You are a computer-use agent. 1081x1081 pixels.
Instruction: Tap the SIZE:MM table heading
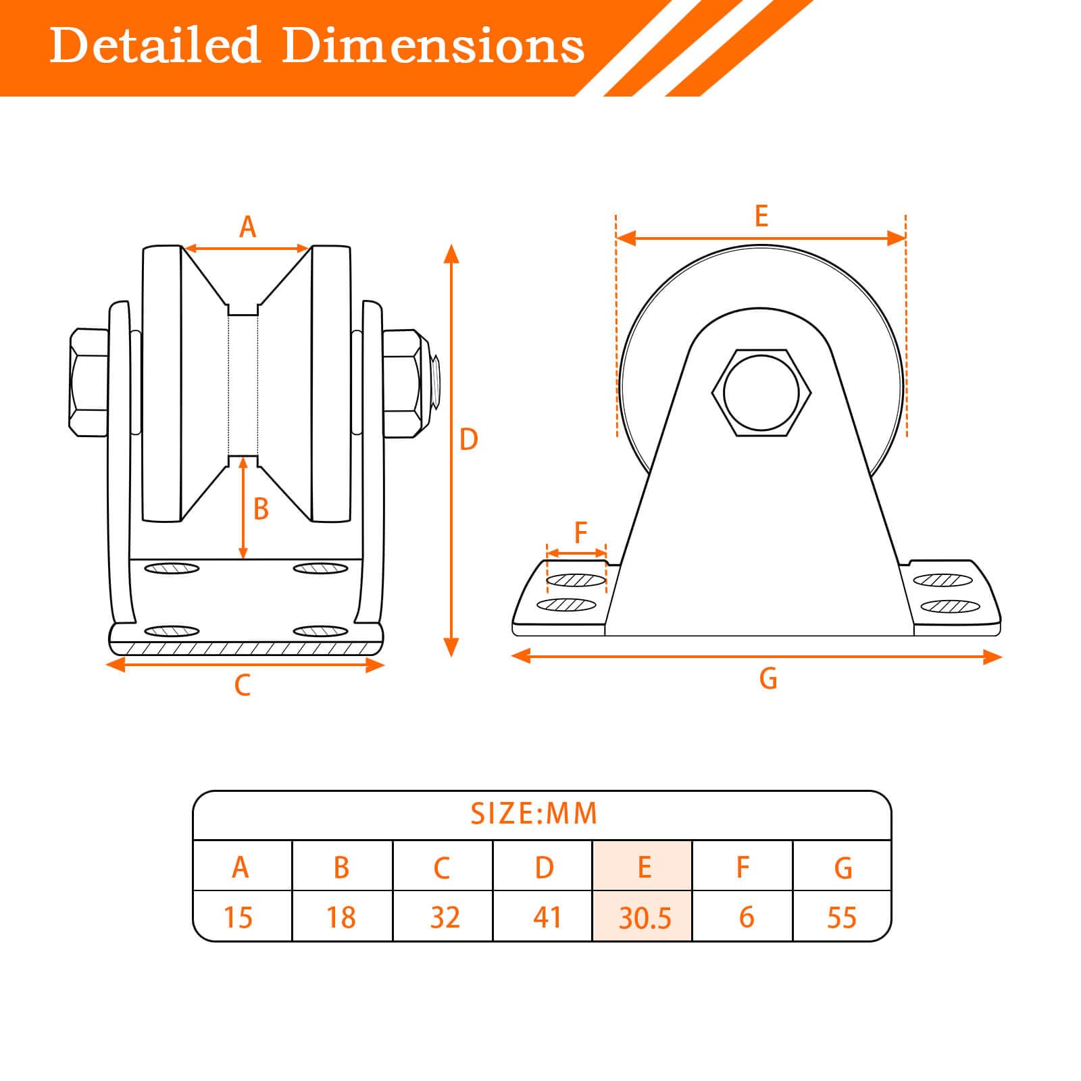coord(534,813)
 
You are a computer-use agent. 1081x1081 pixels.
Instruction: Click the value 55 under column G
coord(842,916)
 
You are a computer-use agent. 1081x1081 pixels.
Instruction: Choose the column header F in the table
coord(743,866)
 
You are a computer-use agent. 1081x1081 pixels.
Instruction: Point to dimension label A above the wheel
coord(248,227)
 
